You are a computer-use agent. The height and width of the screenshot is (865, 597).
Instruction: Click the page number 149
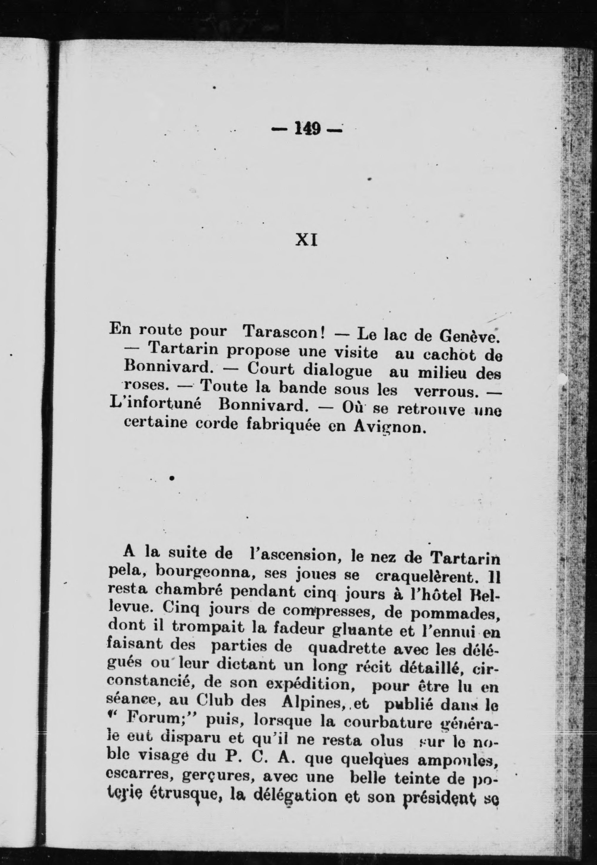click(307, 129)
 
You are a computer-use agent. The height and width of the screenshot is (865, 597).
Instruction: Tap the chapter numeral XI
click(307, 240)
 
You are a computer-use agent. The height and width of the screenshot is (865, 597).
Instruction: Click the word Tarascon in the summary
click(283, 332)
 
